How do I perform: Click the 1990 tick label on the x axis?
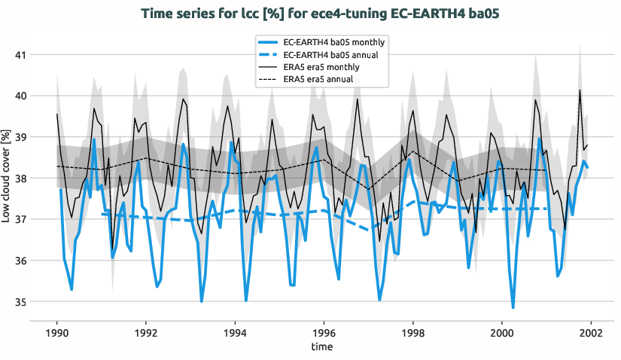pyautogui.click(x=56, y=332)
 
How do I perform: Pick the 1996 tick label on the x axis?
pyautogui.click(x=324, y=332)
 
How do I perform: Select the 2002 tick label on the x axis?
pyautogui.click(x=591, y=332)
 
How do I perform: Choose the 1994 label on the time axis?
pyautogui.click(x=235, y=332)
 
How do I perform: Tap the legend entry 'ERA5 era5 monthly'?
pyautogui.click(x=321, y=67)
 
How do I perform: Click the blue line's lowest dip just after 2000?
pyautogui.click(x=513, y=307)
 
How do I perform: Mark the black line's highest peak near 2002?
pyautogui.click(x=580, y=90)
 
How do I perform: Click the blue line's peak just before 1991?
pyautogui.click(x=94, y=139)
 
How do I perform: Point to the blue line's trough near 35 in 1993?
pyautogui.click(x=202, y=301)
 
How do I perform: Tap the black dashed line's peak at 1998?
pyautogui.click(x=413, y=151)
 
